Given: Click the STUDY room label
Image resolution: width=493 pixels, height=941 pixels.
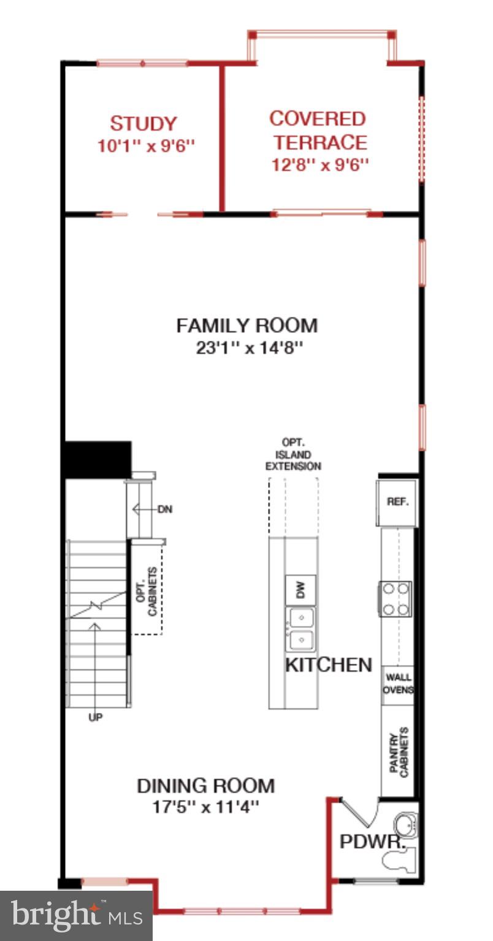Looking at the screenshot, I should click(x=143, y=124).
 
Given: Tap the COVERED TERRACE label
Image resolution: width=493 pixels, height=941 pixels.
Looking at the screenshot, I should click(x=318, y=130).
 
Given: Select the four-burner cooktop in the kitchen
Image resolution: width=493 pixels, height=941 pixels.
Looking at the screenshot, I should click(x=396, y=599).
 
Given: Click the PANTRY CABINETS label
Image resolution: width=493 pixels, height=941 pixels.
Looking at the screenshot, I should click(x=399, y=752).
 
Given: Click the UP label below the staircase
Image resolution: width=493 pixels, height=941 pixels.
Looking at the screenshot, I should click(x=95, y=716).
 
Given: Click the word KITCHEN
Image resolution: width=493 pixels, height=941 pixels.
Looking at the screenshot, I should click(x=329, y=665).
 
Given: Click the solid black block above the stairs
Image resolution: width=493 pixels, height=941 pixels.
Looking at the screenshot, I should click(x=97, y=459).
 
